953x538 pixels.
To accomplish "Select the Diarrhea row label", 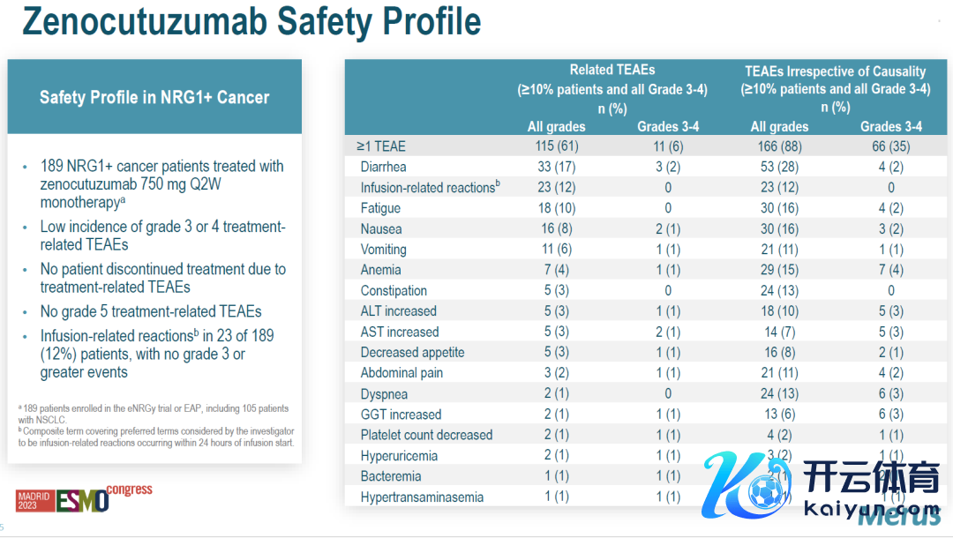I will [383, 167].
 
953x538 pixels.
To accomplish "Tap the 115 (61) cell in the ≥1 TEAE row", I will [556, 146].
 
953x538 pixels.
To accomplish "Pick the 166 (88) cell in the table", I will [779, 146].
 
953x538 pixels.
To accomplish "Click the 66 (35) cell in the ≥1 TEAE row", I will [891, 146].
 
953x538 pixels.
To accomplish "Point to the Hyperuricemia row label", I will [399, 456].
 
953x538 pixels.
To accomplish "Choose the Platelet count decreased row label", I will [426, 435].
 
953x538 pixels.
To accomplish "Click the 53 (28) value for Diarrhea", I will [779, 167].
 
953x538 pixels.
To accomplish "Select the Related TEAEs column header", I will [612, 70].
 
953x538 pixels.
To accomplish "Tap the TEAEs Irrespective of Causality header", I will [835, 71].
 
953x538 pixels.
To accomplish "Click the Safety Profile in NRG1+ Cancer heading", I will [154, 97].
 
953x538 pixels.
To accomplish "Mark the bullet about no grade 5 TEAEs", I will [151, 311].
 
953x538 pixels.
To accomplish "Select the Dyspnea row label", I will [384, 394].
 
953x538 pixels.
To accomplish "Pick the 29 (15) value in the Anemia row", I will [779, 270].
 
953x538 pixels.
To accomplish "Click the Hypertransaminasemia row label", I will [422, 497].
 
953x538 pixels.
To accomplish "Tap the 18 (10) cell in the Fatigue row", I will [556, 208].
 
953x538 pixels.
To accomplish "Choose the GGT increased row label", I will [401, 415].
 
